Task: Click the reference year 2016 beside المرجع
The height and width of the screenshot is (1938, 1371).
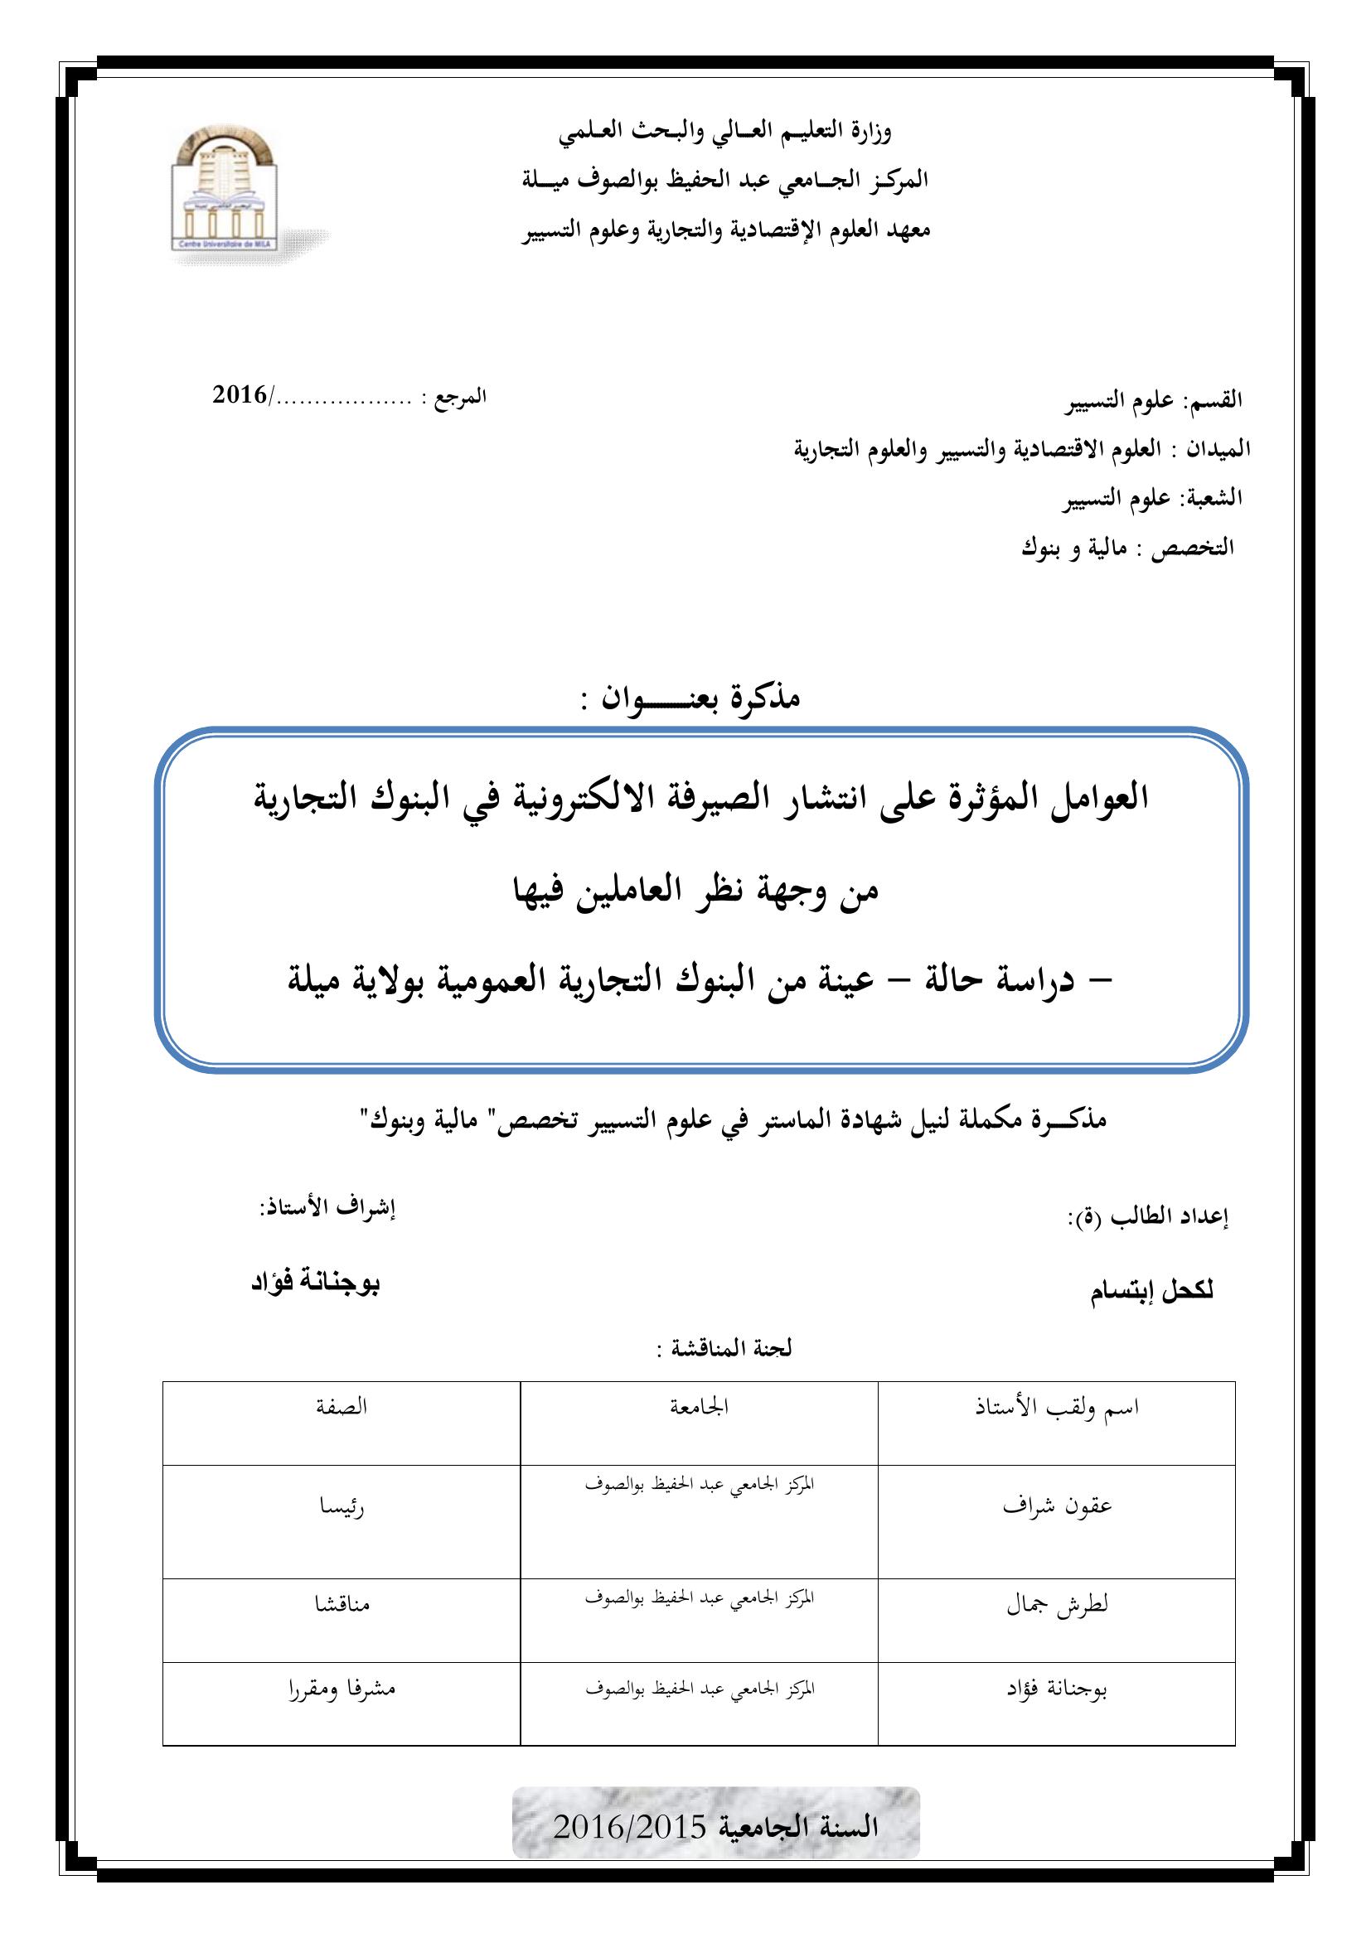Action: click(240, 395)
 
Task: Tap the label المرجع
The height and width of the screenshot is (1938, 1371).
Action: click(459, 397)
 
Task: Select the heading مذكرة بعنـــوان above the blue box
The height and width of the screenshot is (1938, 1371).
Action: click(690, 697)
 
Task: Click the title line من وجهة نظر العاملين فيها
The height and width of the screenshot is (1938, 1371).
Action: click(696, 889)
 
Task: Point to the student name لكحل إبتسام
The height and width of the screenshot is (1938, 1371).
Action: click(1151, 1293)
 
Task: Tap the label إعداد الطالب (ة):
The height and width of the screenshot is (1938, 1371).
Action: click(1146, 1216)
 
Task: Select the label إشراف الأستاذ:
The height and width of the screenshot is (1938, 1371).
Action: click(327, 1208)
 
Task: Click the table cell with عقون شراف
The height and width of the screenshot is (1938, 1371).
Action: click(1057, 1505)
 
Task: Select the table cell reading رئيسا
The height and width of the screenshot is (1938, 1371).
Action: click(341, 1506)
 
